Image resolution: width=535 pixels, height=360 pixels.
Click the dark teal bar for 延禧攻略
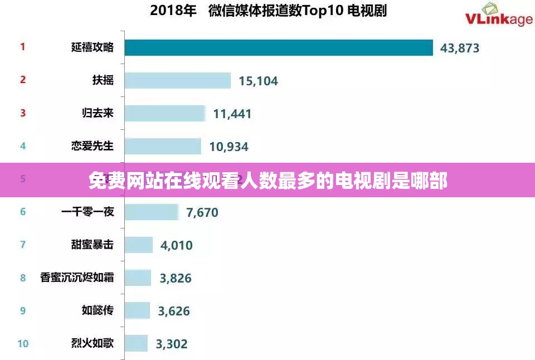point(279,47)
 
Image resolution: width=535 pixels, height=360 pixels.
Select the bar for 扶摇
point(177,80)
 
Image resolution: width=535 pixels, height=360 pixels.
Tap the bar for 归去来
point(164,113)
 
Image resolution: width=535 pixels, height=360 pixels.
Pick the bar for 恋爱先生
point(162,146)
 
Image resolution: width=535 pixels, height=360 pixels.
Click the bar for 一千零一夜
point(150,212)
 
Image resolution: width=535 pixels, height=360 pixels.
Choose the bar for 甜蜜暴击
point(138,245)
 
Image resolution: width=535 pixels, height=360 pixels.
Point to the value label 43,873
point(460,48)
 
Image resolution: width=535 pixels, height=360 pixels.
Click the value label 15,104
point(258,81)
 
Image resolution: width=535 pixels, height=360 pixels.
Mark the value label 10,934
point(228,147)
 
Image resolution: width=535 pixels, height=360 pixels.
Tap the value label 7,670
point(202,212)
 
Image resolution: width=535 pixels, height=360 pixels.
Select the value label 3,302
point(172,344)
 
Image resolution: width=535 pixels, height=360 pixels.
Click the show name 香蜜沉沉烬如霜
point(77,277)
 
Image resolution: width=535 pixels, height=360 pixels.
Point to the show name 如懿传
point(98,310)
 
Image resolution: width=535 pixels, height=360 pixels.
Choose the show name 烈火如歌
point(93,343)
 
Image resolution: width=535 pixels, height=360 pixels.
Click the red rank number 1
point(23,47)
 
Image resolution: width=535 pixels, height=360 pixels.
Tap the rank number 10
point(23,343)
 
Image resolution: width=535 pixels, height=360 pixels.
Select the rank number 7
point(23,245)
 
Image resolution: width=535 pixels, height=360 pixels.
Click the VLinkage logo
point(498,16)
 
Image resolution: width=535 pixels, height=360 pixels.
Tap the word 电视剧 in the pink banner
point(362,181)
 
